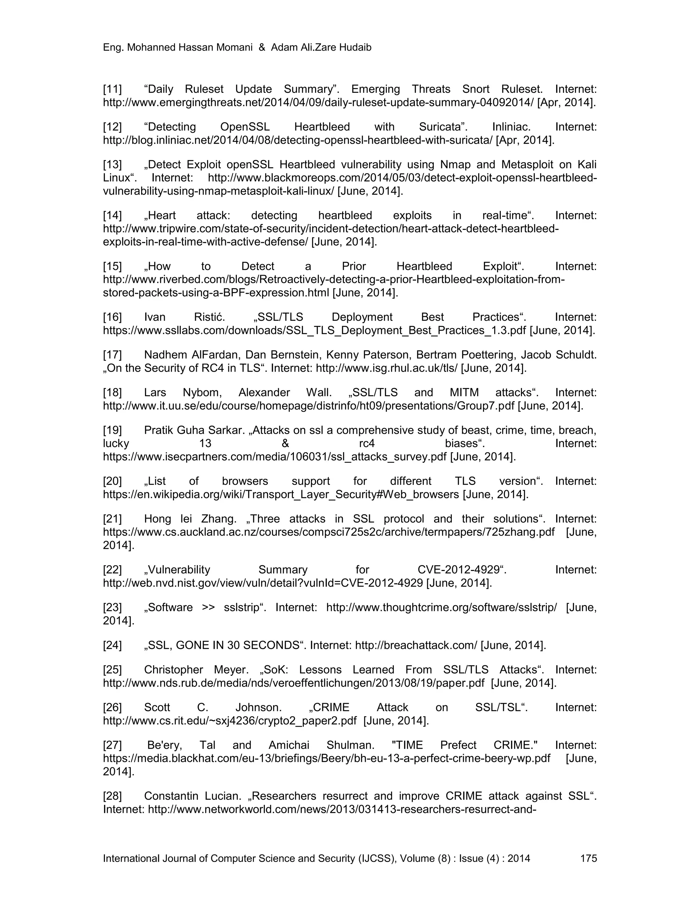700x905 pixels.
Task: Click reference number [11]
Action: pyautogui.click(x=112, y=89)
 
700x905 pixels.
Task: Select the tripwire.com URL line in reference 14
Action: pyautogui.click(x=331, y=229)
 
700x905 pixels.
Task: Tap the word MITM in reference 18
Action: pyautogui.click(x=464, y=392)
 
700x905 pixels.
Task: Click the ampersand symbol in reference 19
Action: pyautogui.click(x=285, y=443)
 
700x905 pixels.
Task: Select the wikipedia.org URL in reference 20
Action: pyautogui.click(x=281, y=495)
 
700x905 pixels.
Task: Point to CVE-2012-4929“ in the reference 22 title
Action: pyautogui.click(x=462, y=570)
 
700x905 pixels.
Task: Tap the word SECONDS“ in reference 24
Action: pyautogui.click(x=274, y=645)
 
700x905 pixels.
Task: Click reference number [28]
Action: pyautogui.click(x=112, y=796)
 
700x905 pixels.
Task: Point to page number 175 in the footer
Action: pyautogui.click(x=589, y=858)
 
